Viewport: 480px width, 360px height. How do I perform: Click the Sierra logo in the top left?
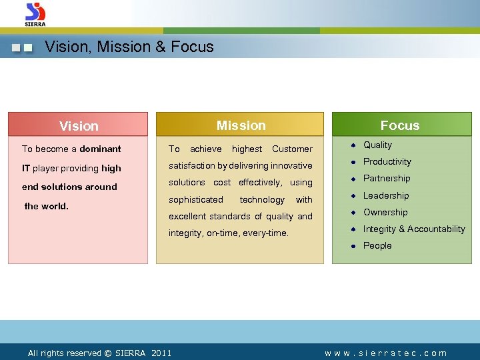[35, 14]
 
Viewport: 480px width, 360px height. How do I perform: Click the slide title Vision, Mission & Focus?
[129, 47]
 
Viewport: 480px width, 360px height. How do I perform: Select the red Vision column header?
[78, 126]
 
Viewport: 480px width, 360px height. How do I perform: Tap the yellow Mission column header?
[240, 125]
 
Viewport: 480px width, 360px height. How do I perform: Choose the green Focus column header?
[400, 125]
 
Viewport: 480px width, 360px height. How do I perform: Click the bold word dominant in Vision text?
[100, 149]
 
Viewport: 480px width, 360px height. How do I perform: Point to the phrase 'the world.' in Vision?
[46, 206]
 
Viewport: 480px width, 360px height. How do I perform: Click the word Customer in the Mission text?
[292, 149]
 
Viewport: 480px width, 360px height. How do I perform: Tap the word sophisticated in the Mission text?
[196, 199]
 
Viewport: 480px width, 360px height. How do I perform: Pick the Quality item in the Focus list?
[377, 145]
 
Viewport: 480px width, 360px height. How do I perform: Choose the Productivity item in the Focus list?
[387, 161]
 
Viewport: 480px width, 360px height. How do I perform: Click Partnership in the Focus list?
[387, 178]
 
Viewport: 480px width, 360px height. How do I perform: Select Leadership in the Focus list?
[386, 195]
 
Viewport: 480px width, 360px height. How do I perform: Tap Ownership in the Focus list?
[385, 212]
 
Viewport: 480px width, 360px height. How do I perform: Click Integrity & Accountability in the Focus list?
[414, 229]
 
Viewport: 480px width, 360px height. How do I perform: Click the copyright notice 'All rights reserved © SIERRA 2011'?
[99, 353]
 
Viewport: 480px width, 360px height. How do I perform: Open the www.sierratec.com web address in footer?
[385, 353]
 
